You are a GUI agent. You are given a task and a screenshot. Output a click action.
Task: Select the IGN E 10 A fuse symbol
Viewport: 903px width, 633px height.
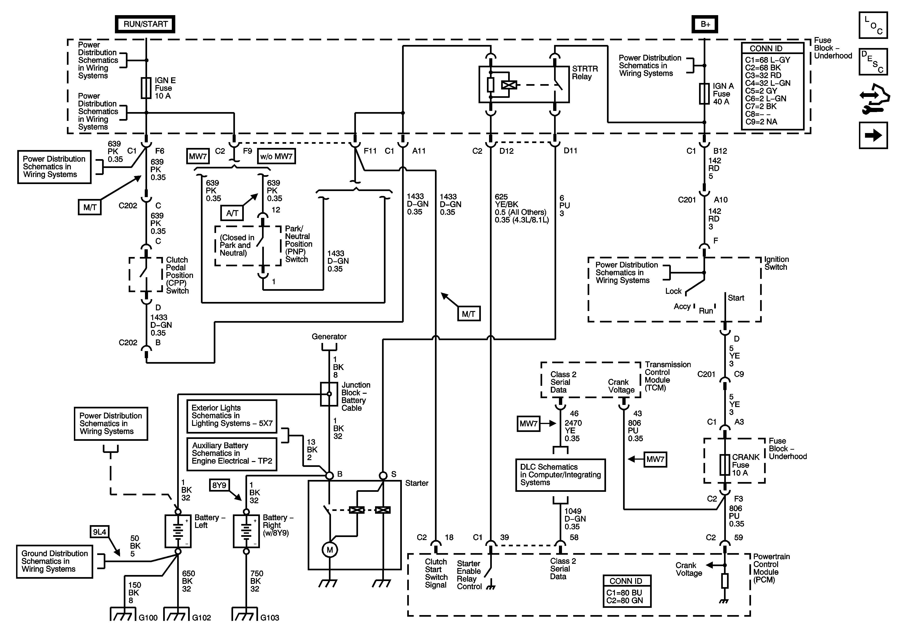click(x=146, y=88)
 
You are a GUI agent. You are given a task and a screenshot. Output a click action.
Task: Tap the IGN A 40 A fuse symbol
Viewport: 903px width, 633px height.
click(x=704, y=94)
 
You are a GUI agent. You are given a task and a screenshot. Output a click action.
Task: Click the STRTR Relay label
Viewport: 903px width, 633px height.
click(x=584, y=73)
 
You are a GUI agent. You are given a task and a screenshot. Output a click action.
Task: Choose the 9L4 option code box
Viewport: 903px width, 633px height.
click(x=100, y=532)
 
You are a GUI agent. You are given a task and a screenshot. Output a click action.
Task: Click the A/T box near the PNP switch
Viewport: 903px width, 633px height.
click(x=232, y=213)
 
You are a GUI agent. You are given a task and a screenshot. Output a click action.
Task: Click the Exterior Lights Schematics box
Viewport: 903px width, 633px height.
click(x=232, y=416)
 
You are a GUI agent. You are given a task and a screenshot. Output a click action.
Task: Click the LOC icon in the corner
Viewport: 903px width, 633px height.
click(x=873, y=25)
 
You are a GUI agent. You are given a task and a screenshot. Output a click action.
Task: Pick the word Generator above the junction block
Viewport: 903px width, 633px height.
click(x=329, y=337)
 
